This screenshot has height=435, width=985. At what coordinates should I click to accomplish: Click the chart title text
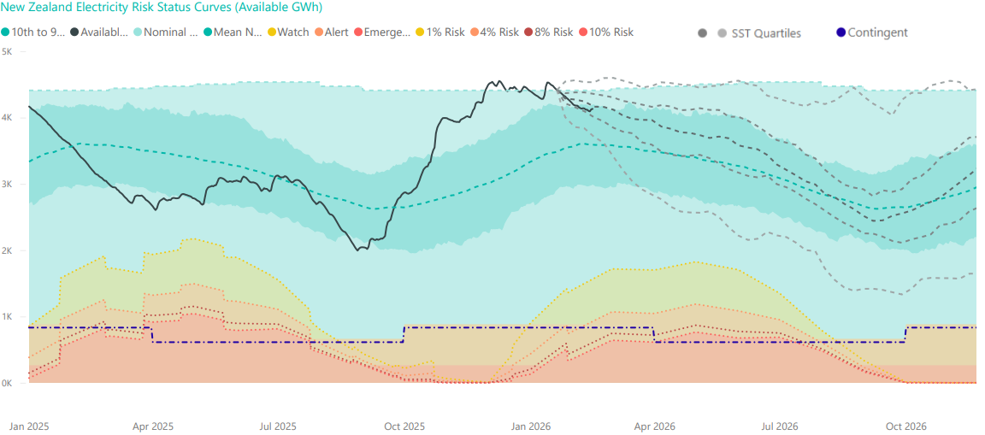pyautogui.click(x=162, y=8)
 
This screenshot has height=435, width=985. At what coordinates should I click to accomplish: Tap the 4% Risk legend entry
pyautogui.click(x=494, y=32)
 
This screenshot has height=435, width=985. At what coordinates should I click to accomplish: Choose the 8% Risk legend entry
pyautogui.click(x=549, y=32)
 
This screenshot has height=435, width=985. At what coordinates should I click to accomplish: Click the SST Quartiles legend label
pyautogui.click(x=766, y=33)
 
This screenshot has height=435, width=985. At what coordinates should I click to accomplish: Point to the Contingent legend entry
pyautogui.click(x=872, y=33)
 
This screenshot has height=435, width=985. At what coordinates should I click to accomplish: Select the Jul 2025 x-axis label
pyautogui.click(x=278, y=426)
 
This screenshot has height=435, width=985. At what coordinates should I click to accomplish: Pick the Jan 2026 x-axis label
pyautogui.click(x=531, y=426)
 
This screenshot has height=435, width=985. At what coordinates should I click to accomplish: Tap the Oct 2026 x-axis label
pyautogui.click(x=905, y=426)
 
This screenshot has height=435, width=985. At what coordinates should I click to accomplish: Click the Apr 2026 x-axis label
pyautogui.click(x=655, y=426)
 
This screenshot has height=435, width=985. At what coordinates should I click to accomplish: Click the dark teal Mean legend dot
pyautogui.click(x=206, y=32)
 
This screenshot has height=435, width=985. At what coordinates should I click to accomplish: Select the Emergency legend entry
pyautogui.click(x=381, y=32)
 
